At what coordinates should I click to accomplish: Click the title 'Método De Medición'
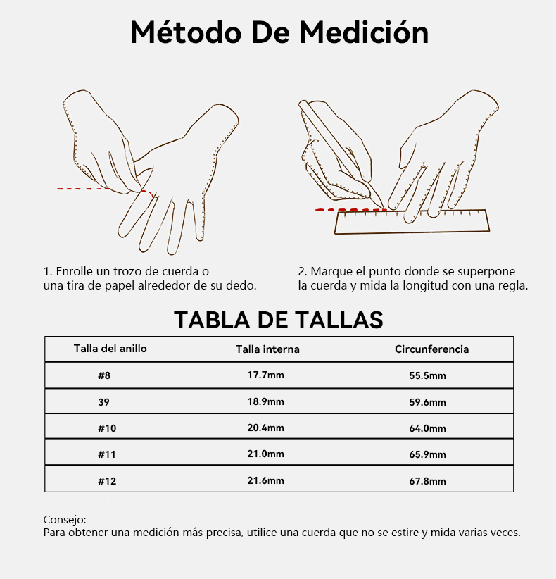pos(279,32)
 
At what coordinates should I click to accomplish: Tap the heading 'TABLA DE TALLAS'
pos(279,320)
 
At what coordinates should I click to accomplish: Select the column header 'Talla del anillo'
pos(110,349)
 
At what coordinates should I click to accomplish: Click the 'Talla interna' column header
pos(267,349)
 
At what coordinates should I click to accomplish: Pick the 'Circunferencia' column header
pos(431,349)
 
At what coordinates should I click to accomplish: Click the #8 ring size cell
pos(104,375)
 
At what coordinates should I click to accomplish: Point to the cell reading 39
pos(103,401)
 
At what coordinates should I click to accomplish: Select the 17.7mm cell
pos(265,375)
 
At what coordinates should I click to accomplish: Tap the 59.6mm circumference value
pos(427,401)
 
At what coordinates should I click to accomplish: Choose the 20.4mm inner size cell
pos(265,428)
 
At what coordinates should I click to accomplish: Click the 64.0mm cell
pos(427,428)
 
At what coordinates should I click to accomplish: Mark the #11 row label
pos(107,454)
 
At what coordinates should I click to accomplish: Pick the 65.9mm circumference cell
pos(427,454)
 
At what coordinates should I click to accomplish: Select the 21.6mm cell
pos(265,480)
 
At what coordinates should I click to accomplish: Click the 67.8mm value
pos(427,481)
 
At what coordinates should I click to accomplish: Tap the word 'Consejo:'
pos(65,520)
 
